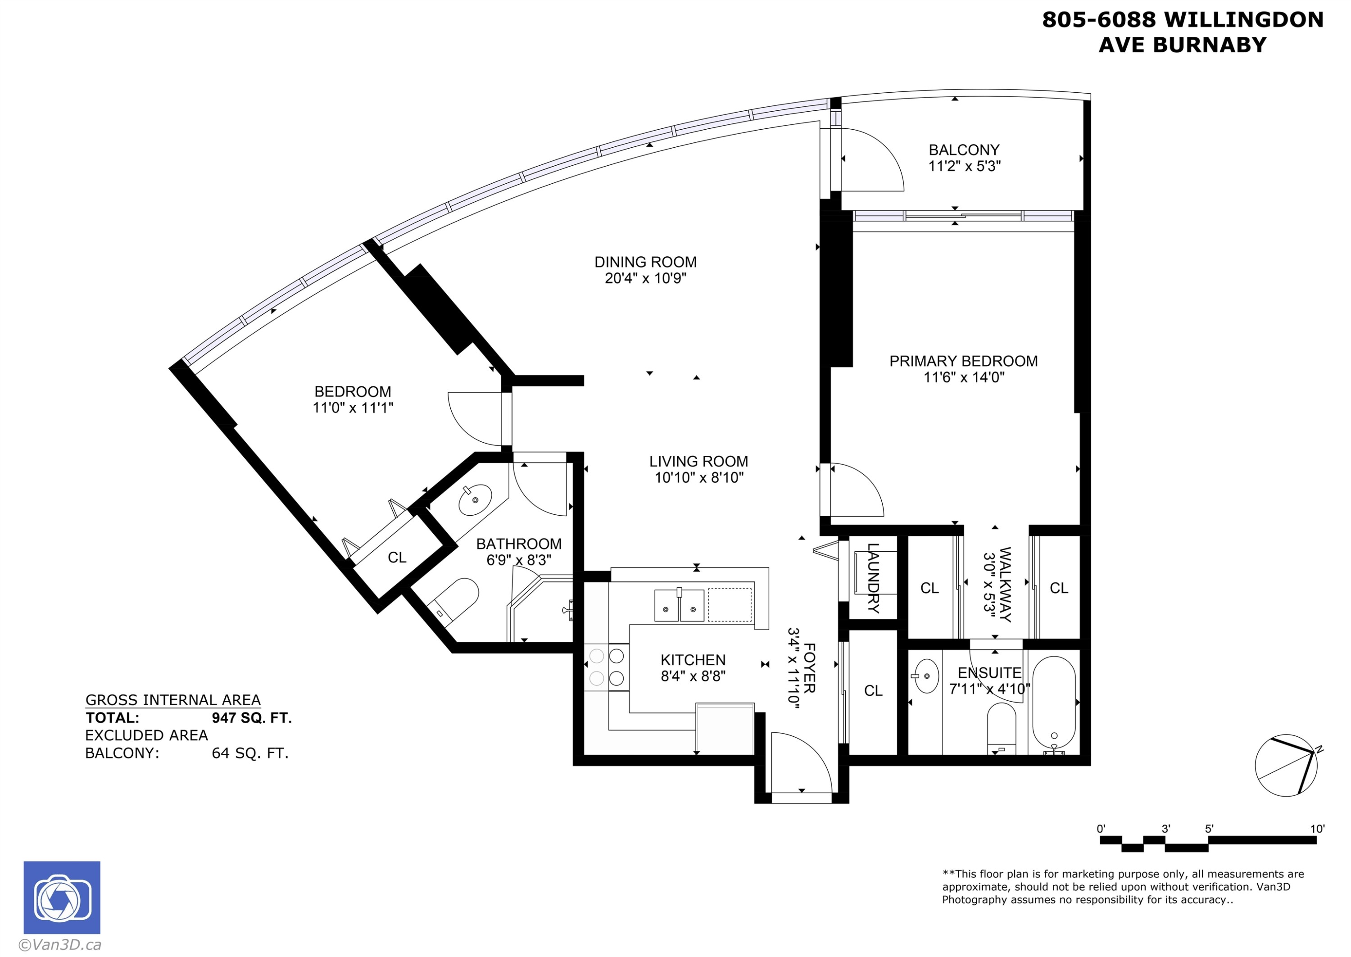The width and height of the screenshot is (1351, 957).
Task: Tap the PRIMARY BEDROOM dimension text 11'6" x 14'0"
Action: (x=963, y=377)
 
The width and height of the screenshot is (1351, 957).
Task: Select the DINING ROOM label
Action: (x=645, y=262)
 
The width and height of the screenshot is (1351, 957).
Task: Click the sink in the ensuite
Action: (x=926, y=676)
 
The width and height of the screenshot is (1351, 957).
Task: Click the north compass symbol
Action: (x=1286, y=765)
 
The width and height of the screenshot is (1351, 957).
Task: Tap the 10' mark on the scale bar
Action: (x=1317, y=829)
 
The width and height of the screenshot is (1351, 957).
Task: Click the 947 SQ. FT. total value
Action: (x=252, y=718)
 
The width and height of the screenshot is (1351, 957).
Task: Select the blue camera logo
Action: (x=62, y=897)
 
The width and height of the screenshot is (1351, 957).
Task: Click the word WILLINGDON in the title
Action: (x=1243, y=20)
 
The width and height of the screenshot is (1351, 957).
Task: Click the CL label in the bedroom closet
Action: (x=397, y=558)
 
